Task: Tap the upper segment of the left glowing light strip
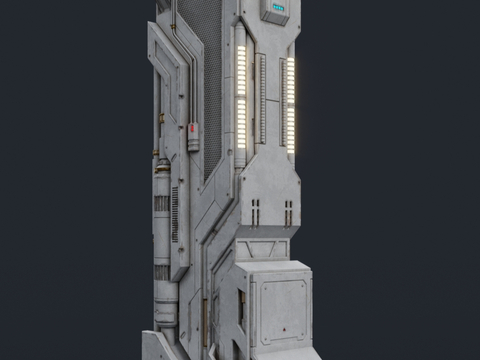pos(241,68)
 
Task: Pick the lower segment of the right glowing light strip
pos(291,127)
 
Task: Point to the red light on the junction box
pos(193,128)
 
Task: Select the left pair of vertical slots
pos(256,210)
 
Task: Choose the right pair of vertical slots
pos(288,210)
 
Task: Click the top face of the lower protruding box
pos(271,268)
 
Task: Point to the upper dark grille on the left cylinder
pos(161,204)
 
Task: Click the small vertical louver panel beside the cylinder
pos(176,216)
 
